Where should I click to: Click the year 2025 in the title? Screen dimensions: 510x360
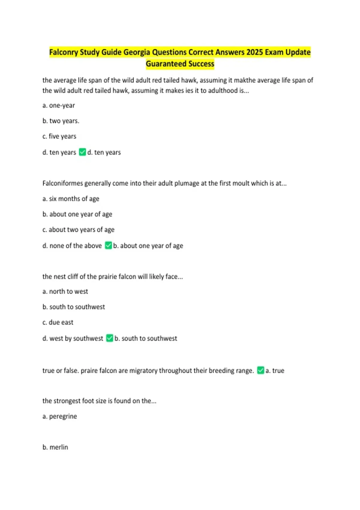point(254,52)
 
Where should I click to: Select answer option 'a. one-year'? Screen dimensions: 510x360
point(58,106)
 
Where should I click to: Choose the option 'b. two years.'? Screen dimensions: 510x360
point(61,121)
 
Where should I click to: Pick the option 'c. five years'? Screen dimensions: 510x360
point(59,136)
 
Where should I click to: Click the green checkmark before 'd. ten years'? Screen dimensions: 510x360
point(82,152)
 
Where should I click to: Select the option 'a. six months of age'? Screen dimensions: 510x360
point(71,199)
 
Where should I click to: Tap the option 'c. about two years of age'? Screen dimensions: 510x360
point(78,230)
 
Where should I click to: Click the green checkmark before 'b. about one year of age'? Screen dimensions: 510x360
point(108,245)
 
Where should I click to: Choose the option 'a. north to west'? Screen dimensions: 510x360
point(65,292)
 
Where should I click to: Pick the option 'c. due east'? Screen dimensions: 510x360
point(58,322)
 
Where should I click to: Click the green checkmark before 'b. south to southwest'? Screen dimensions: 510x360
point(110,338)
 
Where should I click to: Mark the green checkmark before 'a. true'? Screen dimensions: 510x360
point(261,370)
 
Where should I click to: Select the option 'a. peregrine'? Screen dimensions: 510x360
point(60,416)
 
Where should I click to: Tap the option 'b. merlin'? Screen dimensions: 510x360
point(55,447)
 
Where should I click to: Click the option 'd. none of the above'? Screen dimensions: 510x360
point(72,246)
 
